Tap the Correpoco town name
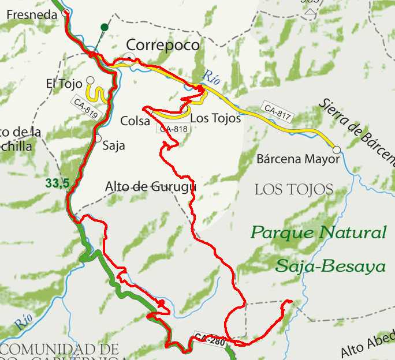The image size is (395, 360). click(162, 45)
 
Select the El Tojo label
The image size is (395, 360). click(64, 84)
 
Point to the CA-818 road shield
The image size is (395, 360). click(173, 129)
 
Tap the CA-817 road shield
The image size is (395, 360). click(278, 111)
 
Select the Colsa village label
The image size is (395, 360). click(135, 121)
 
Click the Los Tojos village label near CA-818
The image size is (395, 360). click(215, 118)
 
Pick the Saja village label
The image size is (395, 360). click(113, 145)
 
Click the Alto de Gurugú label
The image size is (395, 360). click(151, 186)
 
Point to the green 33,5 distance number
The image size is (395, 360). click(57, 183)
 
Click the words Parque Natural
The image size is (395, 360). click(318, 233)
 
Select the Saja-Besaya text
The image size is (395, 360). click(330, 266)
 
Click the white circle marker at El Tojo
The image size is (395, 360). click(90, 80)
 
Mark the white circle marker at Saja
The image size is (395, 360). click(98, 138)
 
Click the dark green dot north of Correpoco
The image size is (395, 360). click(104, 27)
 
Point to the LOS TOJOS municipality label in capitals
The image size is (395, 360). click(294, 189)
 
